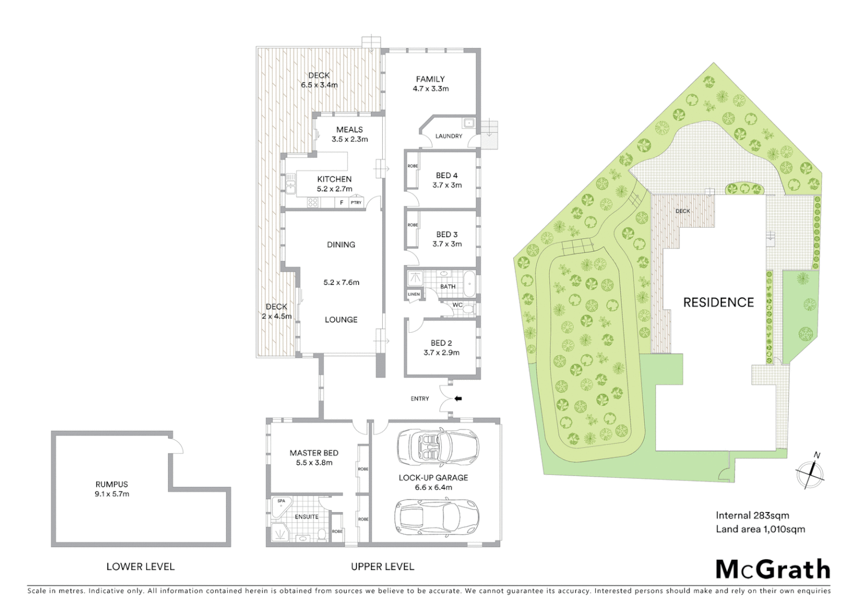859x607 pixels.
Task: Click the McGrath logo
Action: (772, 569)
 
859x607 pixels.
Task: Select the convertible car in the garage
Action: (438, 447)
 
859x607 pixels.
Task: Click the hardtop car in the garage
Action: (437, 517)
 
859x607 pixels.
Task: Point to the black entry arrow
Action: (458, 398)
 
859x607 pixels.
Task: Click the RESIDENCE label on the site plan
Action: (718, 302)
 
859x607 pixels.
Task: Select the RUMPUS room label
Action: (112, 484)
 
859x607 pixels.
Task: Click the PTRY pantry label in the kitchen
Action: (356, 202)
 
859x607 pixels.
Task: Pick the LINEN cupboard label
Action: (413, 294)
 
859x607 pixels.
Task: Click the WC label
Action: (457, 305)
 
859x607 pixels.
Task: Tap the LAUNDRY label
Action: (449, 136)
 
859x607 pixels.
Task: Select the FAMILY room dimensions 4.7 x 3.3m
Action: (431, 89)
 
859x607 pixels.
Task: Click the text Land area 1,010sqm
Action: (760, 529)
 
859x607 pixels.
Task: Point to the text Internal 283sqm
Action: (752, 515)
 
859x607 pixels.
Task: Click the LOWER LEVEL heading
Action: (141, 567)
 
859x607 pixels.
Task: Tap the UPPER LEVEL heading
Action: (382, 567)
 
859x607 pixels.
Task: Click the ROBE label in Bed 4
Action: (413, 166)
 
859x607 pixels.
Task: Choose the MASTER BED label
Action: (314, 453)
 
